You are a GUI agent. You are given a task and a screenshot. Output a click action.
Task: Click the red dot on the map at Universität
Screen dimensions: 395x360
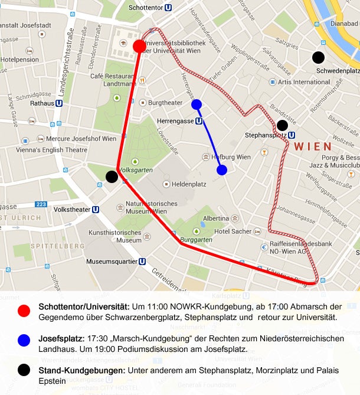(x=140, y=46)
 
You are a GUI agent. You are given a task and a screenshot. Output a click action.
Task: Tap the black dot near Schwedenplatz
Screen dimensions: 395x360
(x=318, y=57)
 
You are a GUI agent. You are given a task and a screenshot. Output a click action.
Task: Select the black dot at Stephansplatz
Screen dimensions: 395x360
(x=282, y=125)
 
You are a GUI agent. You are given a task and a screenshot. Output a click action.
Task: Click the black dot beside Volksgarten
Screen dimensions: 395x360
(x=112, y=176)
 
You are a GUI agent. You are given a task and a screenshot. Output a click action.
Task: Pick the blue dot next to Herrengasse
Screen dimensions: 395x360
(x=197, y=105)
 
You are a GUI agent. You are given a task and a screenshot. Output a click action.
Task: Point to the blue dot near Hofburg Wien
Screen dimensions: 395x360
(x=222, y=170)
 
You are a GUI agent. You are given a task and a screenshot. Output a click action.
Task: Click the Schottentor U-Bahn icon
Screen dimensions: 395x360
(x=169, y=8)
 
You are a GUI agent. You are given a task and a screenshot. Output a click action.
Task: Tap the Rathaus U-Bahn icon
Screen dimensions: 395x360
(x=59, y=103)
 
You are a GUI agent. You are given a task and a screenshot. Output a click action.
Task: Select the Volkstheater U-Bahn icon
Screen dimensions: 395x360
(x=96, y=209)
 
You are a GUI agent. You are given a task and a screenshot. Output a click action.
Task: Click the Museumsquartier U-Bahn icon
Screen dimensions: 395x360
(x=142, y=262)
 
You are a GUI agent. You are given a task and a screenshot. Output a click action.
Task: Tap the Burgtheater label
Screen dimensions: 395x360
(x=165, y=103)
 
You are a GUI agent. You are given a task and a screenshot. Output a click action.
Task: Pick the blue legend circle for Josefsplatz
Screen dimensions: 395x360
(x=24, y=341)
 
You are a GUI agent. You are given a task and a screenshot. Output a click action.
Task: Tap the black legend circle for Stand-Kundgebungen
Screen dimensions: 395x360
(x=24, y=371)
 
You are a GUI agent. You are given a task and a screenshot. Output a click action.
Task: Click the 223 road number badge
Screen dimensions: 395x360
(x=41, y=204)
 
